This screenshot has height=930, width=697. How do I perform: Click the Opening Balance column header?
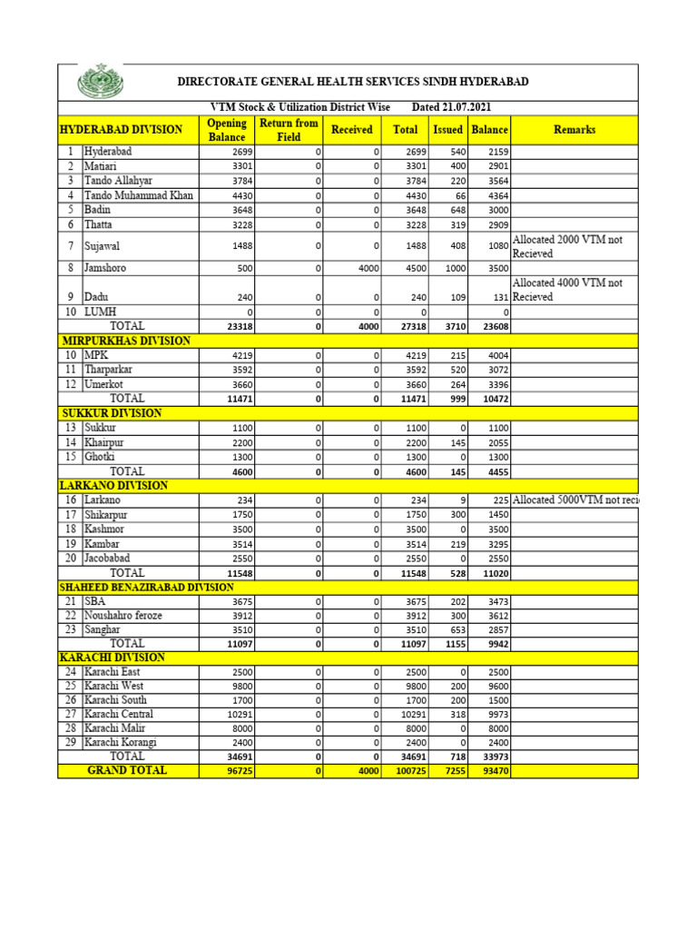click(x=226, y=130)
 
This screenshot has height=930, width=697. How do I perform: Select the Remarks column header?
click(x=574, y=130)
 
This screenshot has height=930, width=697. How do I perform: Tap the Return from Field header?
click(x=289, y=130)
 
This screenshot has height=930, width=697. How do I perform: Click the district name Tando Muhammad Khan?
click(x=139, y=195)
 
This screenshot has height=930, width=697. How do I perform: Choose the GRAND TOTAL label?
click(x=127, y=770)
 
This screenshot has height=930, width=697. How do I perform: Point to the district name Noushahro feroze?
click(x=123, y=616)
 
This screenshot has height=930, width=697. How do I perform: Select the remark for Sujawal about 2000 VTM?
click(x=567, y=246)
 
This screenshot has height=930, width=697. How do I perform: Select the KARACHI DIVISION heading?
click(x=113, y=657)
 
